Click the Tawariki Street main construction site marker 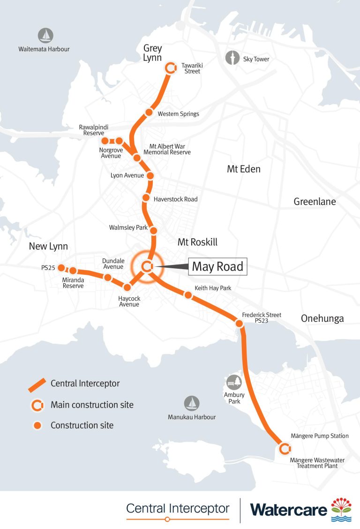point(171,68)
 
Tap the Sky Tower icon point(232,59)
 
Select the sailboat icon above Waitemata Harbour point(45,35)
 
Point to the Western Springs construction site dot point(149,113)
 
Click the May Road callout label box point(217,267)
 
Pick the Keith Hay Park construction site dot point(188,295)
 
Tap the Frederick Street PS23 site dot point(239,324)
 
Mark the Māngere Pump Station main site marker point(283,449)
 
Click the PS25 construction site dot point(61,268)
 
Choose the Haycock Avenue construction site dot point(127,287)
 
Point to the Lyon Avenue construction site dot point(150,176)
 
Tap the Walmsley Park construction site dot point(153,230)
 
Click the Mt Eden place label point(244,169)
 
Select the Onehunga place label point(322,319)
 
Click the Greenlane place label point(315,202)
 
